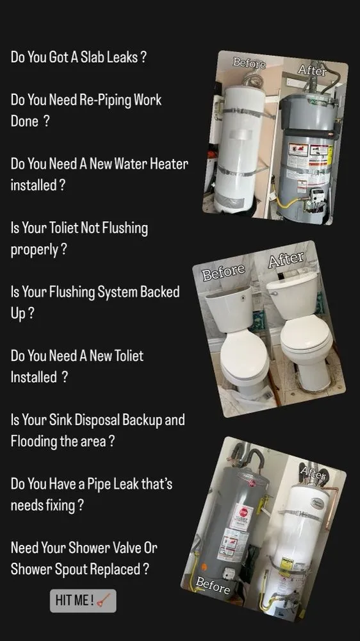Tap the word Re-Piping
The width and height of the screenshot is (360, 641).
tap(102, 100)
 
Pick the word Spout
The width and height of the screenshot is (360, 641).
tap(70, 569)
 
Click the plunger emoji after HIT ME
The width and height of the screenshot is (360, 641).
tap(104, 601)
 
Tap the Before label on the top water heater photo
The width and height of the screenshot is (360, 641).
tap(249, 62)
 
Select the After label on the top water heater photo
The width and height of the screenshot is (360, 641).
tap(313, 71)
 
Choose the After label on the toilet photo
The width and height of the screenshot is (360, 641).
tap(286, 260)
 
